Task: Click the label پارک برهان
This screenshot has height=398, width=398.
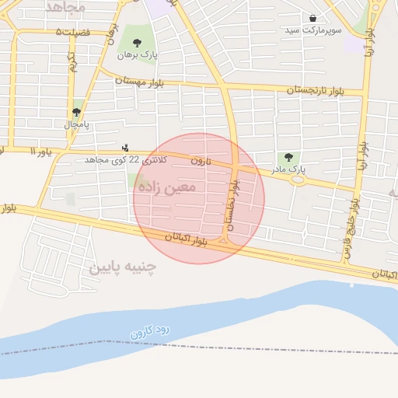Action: (133, 55)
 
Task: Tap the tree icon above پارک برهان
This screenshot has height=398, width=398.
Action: (138, 44)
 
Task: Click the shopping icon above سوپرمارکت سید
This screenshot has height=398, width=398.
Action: (312, 18)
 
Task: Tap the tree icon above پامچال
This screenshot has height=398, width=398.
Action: (76, 111)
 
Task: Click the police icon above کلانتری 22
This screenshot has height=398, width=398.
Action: (126, 148)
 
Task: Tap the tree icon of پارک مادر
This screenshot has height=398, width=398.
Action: (290, 157)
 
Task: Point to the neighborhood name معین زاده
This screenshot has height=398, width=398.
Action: (166, 187)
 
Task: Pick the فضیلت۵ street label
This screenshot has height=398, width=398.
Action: (74, 32)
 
